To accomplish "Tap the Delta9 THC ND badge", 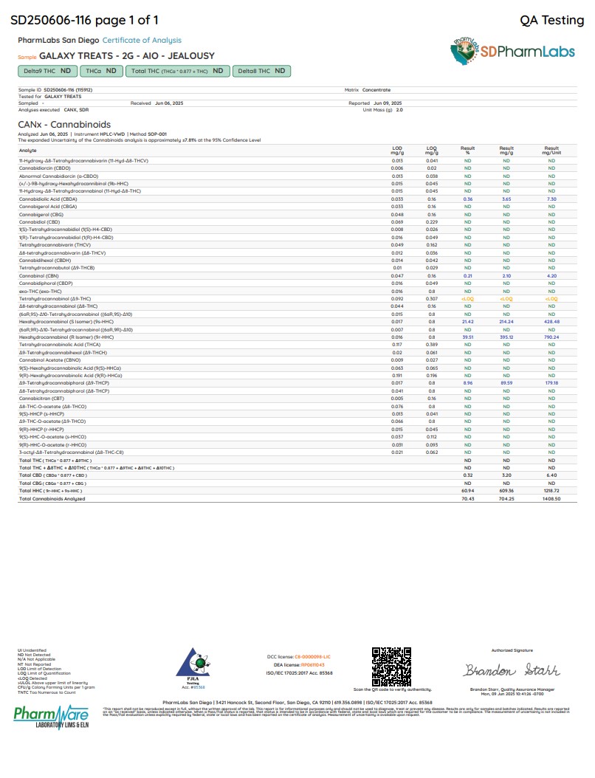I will point(47,71).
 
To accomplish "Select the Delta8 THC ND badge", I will point(261,71).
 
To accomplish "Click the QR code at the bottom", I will point(391,667).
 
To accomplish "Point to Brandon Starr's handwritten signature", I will point(512,670).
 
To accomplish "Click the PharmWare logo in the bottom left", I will point(51,715).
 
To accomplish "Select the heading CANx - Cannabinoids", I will point(64,125).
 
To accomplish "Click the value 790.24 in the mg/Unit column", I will point(551,337).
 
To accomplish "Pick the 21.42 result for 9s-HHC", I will point(467,322).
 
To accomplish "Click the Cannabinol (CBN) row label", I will point(39,275).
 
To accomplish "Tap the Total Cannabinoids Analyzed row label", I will point(52,498).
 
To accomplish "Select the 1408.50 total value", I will point(551,498).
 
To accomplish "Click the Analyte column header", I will point(27,150).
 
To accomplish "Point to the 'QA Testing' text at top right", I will point(551,20).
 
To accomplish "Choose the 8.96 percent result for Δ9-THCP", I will point(467,382).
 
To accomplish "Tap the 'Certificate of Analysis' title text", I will point(142,41).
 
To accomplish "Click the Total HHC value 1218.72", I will point(551,490).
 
